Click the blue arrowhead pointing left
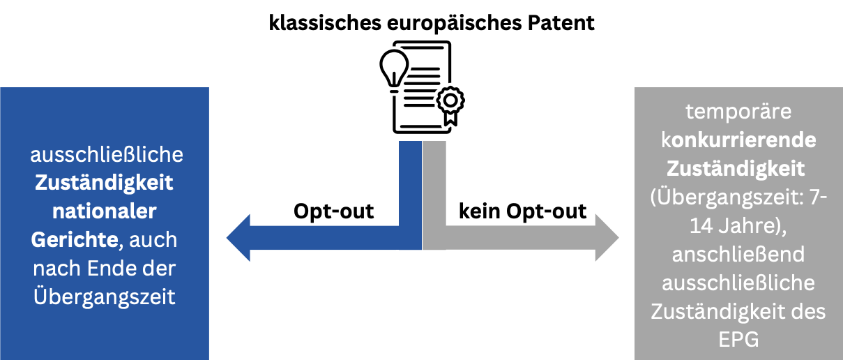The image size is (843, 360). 238,238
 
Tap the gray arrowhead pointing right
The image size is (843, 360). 606,238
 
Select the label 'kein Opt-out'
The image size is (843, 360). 522,211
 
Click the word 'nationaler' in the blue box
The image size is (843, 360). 105,210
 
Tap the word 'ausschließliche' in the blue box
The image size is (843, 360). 105,153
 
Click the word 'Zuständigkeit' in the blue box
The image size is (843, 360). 105,182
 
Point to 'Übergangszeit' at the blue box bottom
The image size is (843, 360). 105,296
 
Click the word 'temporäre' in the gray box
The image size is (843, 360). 738,112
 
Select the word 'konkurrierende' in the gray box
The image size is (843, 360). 738,140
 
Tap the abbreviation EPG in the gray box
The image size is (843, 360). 738,340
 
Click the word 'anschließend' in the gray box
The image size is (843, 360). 738,255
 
